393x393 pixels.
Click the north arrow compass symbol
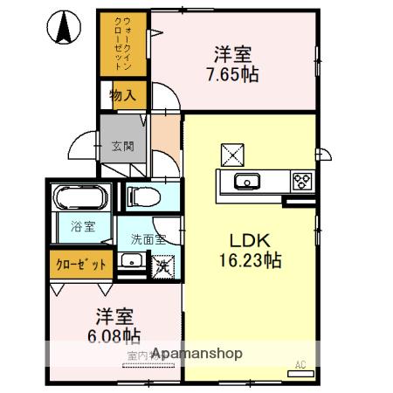point(64,28)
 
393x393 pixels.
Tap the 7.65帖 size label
point(231,74)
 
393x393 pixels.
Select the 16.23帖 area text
point(249,259)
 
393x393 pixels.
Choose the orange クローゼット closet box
point(81,264)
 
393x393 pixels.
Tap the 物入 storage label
point(122,95)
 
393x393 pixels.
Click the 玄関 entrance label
point(122,146)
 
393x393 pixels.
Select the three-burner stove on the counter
point(302,182)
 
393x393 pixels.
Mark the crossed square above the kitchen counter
point(233,154)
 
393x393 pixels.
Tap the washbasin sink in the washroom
point(133,260)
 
